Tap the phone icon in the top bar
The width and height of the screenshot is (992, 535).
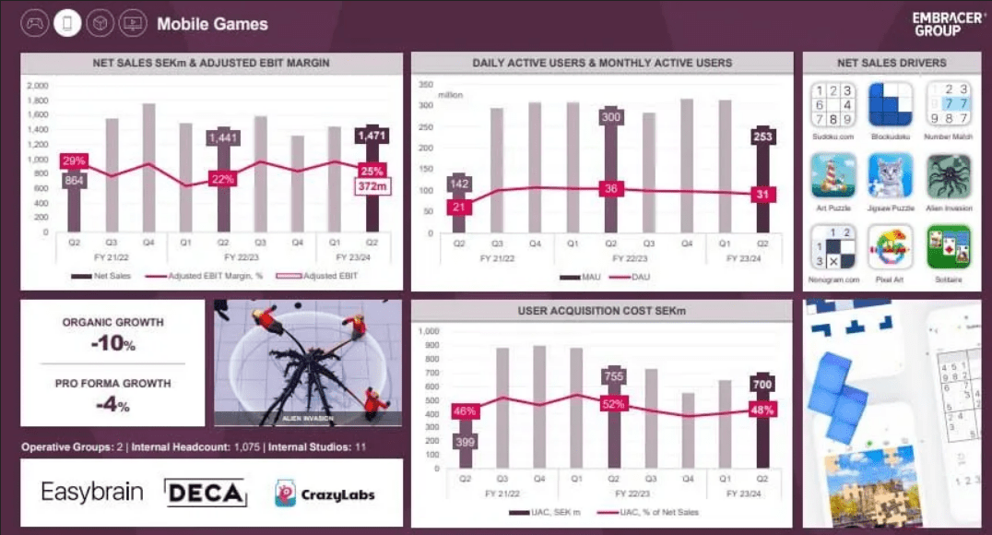click(67, 24)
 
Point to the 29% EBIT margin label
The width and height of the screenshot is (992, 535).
click(73, 160)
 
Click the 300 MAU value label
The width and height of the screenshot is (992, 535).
click(609, 118)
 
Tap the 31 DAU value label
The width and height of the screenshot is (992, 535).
click(762, 194)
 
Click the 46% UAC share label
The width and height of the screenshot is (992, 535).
click(465, 410)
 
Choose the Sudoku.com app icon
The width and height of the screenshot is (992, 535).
click(833, 104)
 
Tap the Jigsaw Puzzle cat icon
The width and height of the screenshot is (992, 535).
click(890, 175)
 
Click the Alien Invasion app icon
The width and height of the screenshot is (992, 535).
click(949, 175)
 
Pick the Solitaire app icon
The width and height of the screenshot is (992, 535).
click(949, 246)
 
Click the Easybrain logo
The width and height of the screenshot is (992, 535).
click(92, 492)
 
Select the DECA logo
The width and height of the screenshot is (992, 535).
click(206, 493)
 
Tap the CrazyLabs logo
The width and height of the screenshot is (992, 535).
click(325, 493)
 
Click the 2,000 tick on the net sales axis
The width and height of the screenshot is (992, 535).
click(38, 86)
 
